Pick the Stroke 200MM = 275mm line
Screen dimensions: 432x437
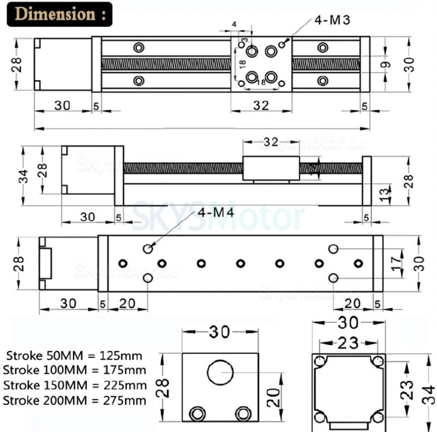(x=74, y=400)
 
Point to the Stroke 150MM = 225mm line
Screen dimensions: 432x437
(x=74, y=385)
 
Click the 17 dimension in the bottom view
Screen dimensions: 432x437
(x=397, y=263)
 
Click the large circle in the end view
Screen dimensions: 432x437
(x=221, y=372)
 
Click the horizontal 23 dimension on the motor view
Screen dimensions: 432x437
(x=348, y=343)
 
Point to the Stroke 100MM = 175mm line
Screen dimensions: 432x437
(x=74, y=371)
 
